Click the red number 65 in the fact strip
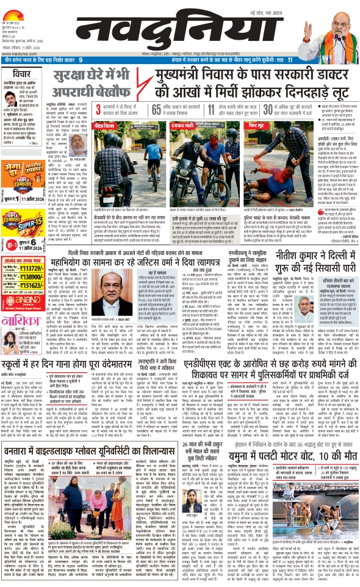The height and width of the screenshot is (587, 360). (x=153, y=108)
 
